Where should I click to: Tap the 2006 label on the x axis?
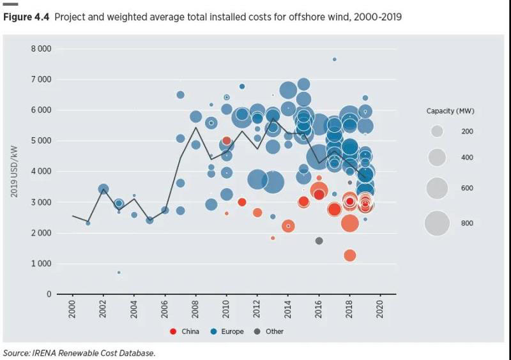pyautogui.click(x=165, y=311)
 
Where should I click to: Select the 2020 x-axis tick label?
pyautogui.click(x=380, y=311)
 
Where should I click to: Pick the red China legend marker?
pyautogui.click(x=173, y=331)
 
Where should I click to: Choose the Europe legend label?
pyautogui.click(x=233, y=331)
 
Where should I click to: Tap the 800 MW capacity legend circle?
pyautogui.click(x=437, y=223)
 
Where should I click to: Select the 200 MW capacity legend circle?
pyautogui.click(x=437, y=131)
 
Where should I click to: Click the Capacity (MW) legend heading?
pyautogui.click(x=450, y=111)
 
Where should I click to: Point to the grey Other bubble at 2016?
pyautogui.click(x=319, y=241)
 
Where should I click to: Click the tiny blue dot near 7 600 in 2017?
pyautogui.click(x=334, y=59)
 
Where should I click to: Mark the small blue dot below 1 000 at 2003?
pyautogui.click(x=119, y=273)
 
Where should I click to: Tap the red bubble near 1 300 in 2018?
pyautogui.click(x=349, y=255)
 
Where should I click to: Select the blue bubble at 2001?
pyautogui.click(x=88, y=223)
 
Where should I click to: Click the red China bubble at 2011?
pyautogui.click(x=242, y=202)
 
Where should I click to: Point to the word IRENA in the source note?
pyautogui.click(x=50, y=353)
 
